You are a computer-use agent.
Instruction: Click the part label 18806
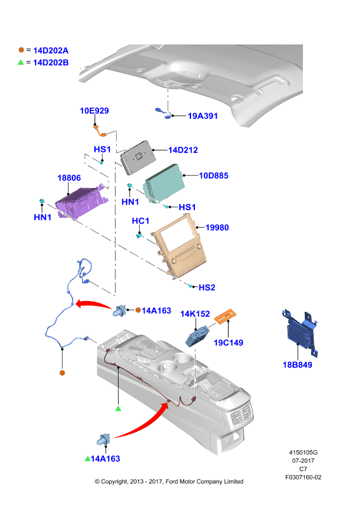click(x=69, y=178)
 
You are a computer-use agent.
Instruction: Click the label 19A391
click(x=203, y=116)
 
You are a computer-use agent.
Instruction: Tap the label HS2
click(x=207, y=288)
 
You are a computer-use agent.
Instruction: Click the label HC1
click(x=140, y=221)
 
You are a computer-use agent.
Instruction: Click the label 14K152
click(x=195, y=314)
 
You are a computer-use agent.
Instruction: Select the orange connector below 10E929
click(x=100, y=130)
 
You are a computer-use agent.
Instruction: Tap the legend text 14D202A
click(x=51, y=50)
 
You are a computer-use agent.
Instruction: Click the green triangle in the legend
click(x=21, y=62)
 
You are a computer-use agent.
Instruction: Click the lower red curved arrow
click(x=143, y=424)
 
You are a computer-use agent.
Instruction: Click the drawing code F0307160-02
click(x=303, y=477)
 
